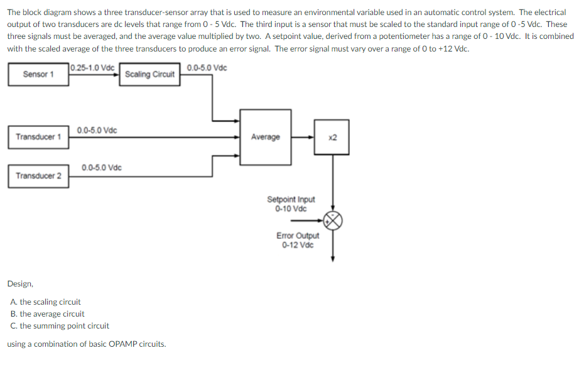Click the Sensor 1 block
pos(38,74)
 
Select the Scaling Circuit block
pos(149,74)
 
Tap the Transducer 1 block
pos(38,137)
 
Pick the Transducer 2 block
pos(38,175)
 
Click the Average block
pos(266,137)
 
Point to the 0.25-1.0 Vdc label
pos(93,67)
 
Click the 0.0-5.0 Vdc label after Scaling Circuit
pos(208,67)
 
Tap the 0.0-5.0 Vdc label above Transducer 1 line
pos(97,130)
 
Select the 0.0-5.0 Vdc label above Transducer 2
pos(102,168)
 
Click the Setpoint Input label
pos(291,200)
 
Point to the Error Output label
pos(298,236)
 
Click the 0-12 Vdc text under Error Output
pos(298,244)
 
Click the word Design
pos(20,284)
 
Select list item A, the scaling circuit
pos(46,302)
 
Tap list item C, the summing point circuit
pos(60,326)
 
